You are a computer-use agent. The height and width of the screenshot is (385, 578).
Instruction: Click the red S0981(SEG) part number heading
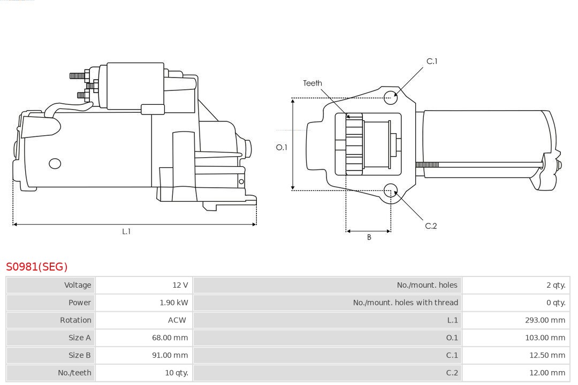37,266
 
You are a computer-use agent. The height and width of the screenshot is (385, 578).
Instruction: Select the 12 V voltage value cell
180,285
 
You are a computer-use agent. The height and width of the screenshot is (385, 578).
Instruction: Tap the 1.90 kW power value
174,303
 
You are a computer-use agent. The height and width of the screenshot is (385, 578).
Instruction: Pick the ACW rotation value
177,320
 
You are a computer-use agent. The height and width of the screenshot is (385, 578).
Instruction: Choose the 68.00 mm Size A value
170,337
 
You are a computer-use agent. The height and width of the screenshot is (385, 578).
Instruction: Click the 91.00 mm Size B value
170,355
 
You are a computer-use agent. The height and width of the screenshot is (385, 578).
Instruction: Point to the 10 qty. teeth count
177,373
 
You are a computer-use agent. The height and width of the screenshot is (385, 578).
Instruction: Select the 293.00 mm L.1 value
545,320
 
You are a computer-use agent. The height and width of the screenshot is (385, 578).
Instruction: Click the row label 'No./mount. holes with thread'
405,303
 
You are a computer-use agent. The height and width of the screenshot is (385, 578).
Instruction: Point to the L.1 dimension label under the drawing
126,232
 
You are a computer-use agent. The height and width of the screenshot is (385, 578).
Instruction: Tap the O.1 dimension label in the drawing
282,147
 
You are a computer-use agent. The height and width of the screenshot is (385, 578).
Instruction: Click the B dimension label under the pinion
369,237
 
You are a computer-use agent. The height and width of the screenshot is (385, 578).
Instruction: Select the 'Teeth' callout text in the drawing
313,83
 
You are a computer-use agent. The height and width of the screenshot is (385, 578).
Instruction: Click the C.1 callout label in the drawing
431,61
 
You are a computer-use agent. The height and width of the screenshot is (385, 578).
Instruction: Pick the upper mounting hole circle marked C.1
391,96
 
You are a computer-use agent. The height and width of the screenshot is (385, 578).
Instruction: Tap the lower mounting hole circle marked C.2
391,191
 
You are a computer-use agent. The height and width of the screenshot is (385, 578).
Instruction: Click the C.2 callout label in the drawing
431,226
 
